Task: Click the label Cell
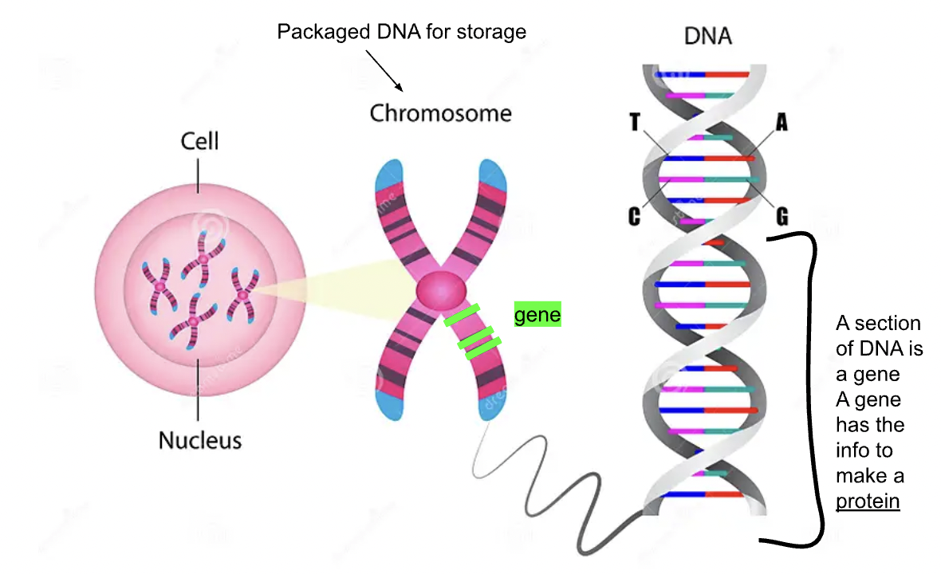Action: (x=199, y=141)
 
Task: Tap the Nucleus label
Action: (x=200, y=440)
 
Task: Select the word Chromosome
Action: (x=440, y=113)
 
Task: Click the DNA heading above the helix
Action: (x=708, y=36)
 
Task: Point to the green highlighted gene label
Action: (x=537, y=314)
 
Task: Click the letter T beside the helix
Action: (x=635, y=122)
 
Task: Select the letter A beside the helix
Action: (x=782, y=122)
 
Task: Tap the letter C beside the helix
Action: (x=634, y=216)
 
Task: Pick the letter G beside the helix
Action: (x=782, y=216)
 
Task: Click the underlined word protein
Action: (x=868, y=501)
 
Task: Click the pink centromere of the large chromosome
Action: (x=441, y=290)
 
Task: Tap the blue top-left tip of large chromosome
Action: (x=389, y=175)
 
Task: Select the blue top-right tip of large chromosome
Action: (x=493, y=175)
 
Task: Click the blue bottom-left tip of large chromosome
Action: (x=389, y=404)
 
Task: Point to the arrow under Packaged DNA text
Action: (x=384, y=71)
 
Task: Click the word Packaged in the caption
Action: (x=324, y=32)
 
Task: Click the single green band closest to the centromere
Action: (x=462, y=315)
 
